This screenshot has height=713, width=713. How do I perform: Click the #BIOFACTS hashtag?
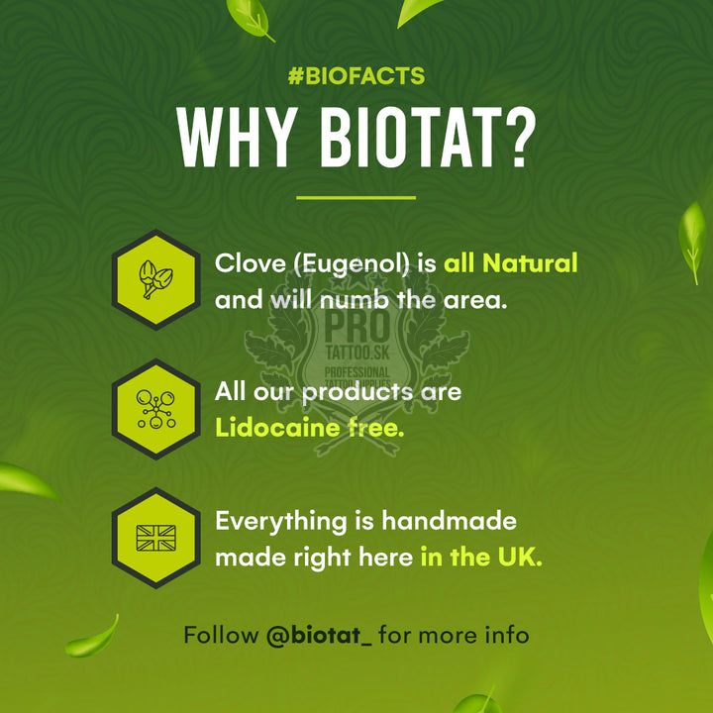click(x=356, y=76)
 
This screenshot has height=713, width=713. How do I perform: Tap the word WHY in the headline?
click(x=236, y=138)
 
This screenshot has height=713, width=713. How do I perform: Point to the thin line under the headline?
click(x=356, y=198)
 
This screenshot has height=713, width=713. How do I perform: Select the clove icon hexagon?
click(x=156, y=279)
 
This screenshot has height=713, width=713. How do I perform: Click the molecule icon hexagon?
click(x=156, y=409)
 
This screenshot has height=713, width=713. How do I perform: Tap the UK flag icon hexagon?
click(x=156, y=538)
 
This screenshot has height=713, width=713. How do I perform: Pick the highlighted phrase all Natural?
click(x=510, y=262)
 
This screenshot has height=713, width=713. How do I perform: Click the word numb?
click(x=354, y=300)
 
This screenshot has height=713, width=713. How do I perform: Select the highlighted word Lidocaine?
click(x=277, y=428)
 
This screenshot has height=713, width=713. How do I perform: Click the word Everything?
click(x=280, y=522)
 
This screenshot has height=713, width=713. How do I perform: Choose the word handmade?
click(x=449, y=521)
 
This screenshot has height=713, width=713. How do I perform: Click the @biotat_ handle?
click(x=319, y=635)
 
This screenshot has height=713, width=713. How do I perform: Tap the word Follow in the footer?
click(x=221, y=635)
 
